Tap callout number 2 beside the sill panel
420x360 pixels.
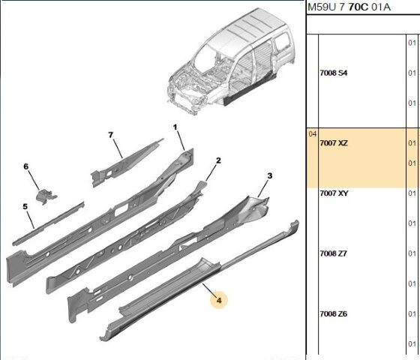218,160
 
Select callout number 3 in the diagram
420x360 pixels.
269,175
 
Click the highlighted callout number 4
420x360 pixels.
219,301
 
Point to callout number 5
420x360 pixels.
25,206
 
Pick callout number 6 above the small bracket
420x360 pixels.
25,166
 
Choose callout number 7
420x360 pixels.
110,135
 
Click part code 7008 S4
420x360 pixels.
334,73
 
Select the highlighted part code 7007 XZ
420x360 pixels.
334,142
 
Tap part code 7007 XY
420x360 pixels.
334,193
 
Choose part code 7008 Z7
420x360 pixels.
334,253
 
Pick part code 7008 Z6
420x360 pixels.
334,313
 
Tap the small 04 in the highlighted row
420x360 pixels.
313,133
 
